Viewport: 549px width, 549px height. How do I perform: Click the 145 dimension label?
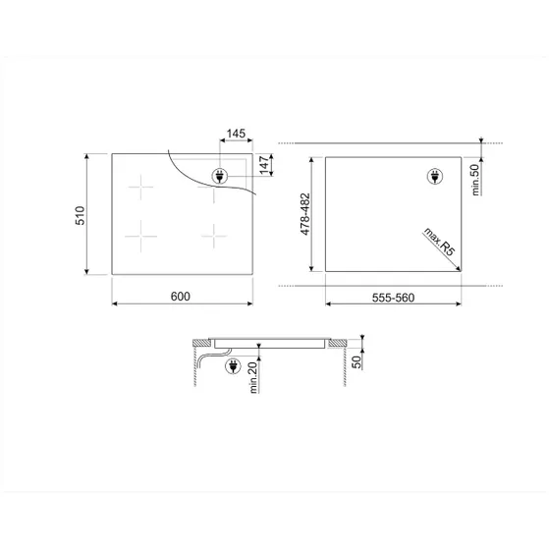pos(236,134)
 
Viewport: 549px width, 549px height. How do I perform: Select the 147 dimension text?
pos(264,165)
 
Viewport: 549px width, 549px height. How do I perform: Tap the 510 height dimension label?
pos(81,215)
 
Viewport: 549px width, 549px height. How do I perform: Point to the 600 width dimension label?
pos(181,297)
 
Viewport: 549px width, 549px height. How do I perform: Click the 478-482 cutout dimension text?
pos(305,214)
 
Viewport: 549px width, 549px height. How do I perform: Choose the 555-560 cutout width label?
pos(393,298)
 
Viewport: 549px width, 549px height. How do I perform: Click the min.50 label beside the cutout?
pos(475,180)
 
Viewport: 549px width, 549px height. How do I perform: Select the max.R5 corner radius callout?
pos(439,242)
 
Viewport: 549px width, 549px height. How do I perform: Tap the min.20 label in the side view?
pos(252,377)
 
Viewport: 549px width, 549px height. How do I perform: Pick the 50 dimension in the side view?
pos(357,361)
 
